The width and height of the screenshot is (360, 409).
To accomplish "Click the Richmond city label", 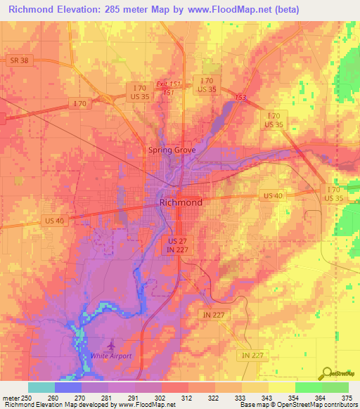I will pos(181,202).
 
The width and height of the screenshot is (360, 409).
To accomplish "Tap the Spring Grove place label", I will pos(175,150).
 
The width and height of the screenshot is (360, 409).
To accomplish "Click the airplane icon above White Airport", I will pos(110,346).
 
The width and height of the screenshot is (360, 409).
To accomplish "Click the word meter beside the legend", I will pos(11,398).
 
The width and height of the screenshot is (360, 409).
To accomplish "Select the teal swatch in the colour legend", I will pos(41,387).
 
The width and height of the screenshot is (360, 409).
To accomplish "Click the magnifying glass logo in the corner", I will pos(326,374).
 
